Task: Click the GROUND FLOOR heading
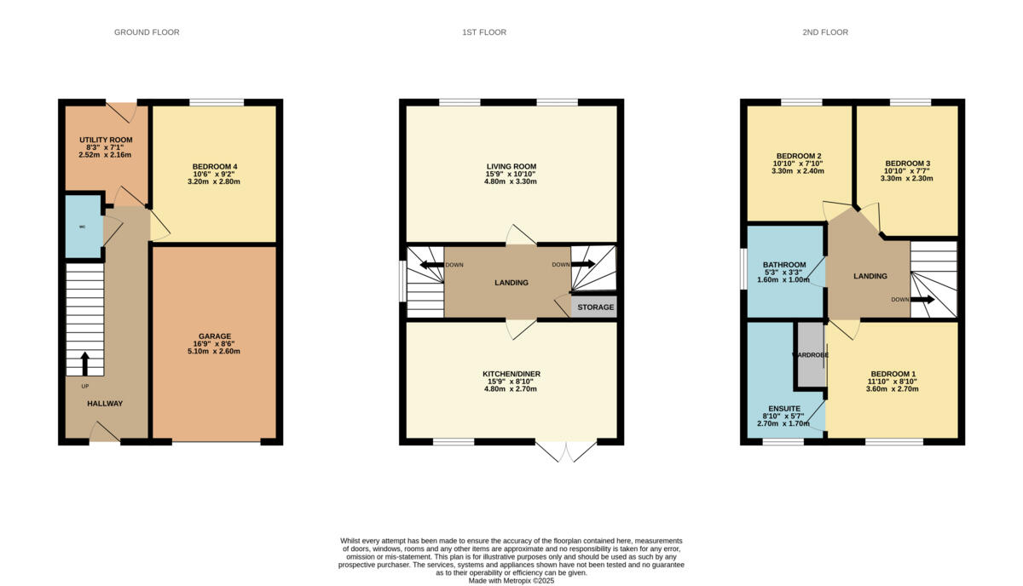(x=147, y=32)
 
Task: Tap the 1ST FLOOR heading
(x=484, y=32)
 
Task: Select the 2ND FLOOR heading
(x=824, y=32)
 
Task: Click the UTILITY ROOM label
(x=106, y=140)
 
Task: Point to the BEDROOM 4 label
(x=214, y=166)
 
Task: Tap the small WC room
(x=83, y=227)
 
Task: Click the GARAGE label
(x=214, y=336)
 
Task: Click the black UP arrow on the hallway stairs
(x=84, y=364)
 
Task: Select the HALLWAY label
(x=105, y=404)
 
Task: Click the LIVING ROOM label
(x=511, y=166)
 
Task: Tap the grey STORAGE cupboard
(x=594, y=307)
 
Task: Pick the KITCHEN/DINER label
(x=512, y=374)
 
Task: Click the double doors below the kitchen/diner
(x=567, y=451)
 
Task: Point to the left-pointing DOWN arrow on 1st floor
(x=431, y=265)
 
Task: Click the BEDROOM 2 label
(x=799, y=155)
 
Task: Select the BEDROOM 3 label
(x=907, y=164)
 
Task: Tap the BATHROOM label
(x=784, y=265)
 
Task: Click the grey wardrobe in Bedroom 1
(x=811, y=354)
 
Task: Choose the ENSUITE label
(x=784, y=409)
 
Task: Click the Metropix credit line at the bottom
(x=511, y=581)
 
